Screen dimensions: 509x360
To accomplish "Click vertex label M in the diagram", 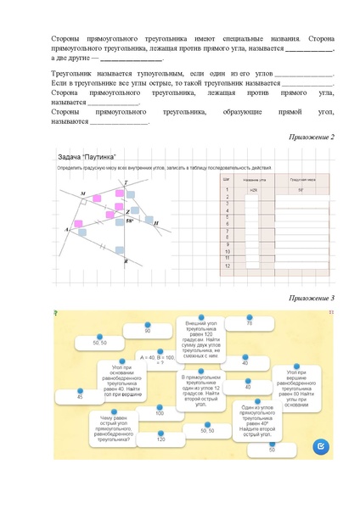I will click(x=83, y=194).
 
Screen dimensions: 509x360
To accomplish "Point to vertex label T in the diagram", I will click(x=127, y=182).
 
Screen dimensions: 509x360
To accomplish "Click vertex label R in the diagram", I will click(x=127, y=263).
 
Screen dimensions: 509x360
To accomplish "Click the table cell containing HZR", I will click(x=253, y=190).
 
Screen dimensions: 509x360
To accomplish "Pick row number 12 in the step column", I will click(x=228, y=266).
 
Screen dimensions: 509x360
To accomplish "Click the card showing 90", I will click(x=147, y=331).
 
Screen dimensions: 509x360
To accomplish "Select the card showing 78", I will click(x=250, y=323).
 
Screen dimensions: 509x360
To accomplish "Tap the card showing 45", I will click(x=80, y=396).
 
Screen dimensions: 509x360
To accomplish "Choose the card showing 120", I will click(x=160, y=439).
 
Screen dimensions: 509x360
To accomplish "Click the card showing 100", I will click(x=160, y=413).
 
